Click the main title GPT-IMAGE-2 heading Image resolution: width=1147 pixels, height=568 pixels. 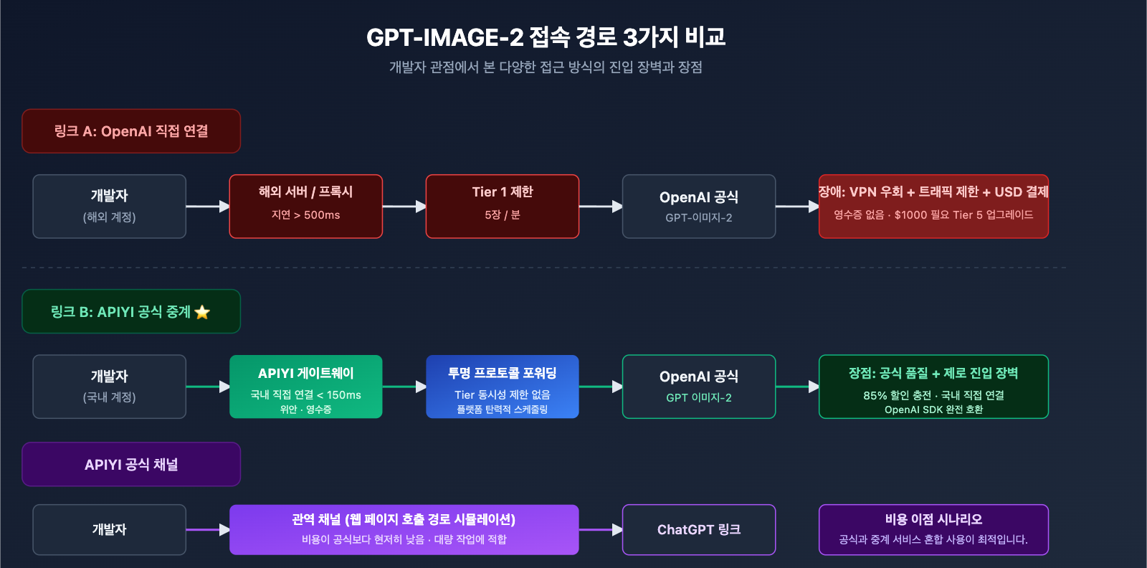point(546,37)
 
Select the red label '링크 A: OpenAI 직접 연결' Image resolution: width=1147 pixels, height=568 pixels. point(131,131)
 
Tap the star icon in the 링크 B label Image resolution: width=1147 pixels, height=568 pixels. point(202,312)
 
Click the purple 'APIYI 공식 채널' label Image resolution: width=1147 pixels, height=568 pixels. point(131,464)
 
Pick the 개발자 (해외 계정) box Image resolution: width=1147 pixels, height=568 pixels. point(109,207)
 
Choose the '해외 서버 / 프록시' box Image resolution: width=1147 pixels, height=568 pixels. point(306,207)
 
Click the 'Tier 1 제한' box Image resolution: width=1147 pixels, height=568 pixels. point(503,207)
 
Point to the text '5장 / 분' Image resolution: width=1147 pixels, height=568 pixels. point(503,215)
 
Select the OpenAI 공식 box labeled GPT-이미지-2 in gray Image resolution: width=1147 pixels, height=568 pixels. point(699,207)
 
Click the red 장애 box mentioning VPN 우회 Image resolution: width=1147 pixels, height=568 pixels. point(933,207)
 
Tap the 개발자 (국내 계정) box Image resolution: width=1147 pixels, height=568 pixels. point(109,387)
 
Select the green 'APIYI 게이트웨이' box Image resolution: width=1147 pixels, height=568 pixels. point(306,387)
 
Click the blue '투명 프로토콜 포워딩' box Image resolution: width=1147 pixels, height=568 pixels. point(503,387)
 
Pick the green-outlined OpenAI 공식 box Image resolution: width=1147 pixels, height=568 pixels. point(699,387)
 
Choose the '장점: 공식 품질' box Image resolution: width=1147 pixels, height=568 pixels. point(933,387)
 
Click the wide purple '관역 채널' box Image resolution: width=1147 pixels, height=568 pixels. point(404,529)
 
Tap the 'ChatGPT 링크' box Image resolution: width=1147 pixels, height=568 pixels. point(699,529)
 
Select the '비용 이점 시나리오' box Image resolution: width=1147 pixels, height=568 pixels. point(933,529)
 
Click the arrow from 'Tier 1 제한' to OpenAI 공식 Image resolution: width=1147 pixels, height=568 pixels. point(601,207)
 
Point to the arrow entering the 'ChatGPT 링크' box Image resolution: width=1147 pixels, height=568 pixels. point(601,530)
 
